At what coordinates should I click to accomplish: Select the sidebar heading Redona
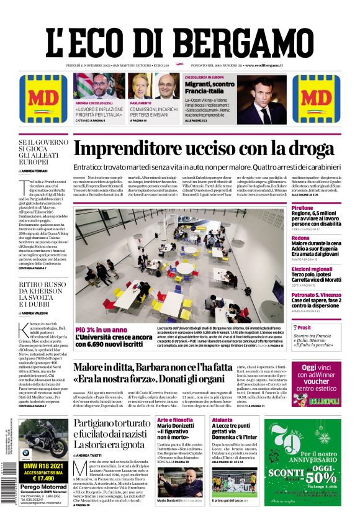300,238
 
